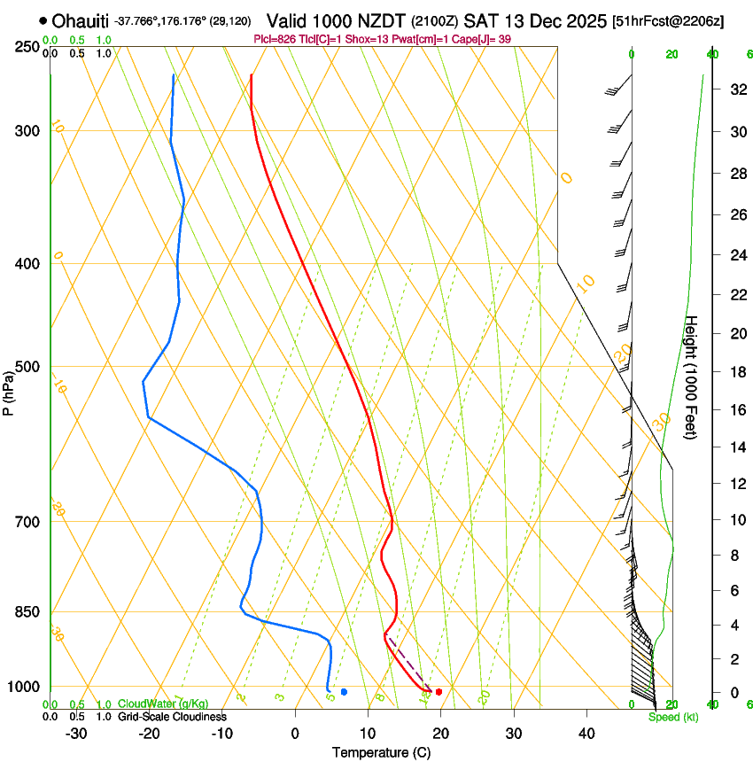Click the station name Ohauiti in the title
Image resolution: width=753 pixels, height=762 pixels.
pos(81,20)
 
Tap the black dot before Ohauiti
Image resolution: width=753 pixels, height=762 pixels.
pos(43,19)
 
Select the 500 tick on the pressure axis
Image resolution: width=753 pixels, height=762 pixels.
pos(27,367)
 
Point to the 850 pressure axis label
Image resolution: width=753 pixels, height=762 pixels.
pos(27,612)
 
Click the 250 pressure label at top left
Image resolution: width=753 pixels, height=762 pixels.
pos(27,46)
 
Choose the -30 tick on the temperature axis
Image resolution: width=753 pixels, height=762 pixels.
pos(76,733)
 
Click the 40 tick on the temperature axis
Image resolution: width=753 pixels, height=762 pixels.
pos(586,733)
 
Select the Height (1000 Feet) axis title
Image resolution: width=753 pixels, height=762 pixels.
pos(692,377)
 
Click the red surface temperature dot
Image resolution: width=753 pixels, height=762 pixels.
pos(439,691)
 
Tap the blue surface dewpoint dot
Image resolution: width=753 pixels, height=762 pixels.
pos(344,691)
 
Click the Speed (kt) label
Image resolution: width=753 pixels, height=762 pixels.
pos(672,717)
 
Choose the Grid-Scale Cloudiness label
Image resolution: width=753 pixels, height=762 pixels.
pos(172,717)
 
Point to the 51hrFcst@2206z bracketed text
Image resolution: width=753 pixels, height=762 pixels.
pos(668,20)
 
